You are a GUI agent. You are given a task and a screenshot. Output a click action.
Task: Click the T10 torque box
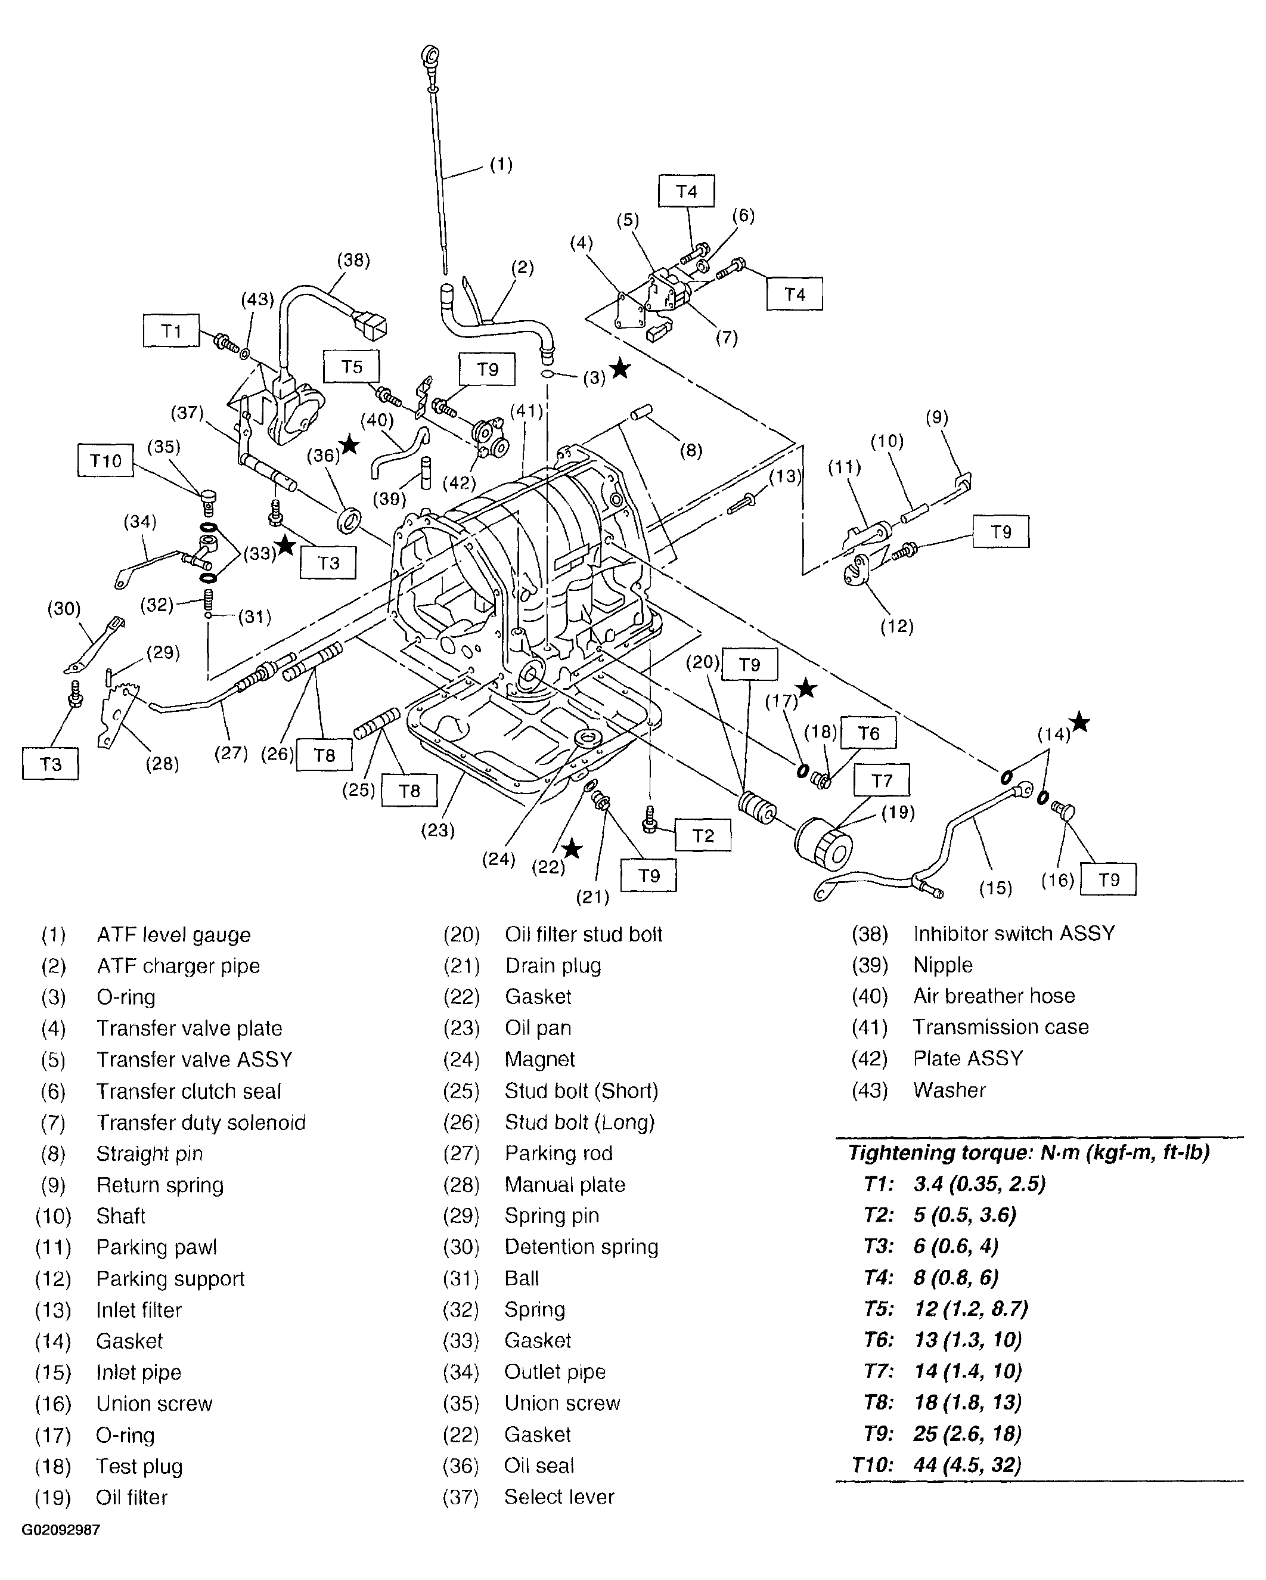pos(105,460)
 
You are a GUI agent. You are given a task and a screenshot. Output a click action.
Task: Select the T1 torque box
pos(170,332)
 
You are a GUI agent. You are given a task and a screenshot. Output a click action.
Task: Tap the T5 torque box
pos(352,367)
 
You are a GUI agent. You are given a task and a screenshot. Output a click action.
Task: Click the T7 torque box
pos(882,780)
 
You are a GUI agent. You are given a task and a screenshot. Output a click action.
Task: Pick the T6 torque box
pos(868,733)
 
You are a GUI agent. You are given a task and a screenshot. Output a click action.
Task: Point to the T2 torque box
pos(703,835)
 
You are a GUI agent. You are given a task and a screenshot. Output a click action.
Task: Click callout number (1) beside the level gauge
pos(501,165)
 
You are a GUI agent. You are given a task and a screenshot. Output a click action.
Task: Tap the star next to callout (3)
pos(620,368)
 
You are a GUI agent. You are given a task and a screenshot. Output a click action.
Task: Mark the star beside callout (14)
pos(1079,723)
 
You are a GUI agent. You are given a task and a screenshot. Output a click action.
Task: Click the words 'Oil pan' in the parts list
pos(538,1027)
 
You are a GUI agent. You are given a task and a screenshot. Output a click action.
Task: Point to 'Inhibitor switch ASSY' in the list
pos(1013,934)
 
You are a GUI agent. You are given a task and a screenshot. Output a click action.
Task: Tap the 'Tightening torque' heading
pos(1028,1153)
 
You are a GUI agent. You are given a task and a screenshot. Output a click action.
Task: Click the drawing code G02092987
pos(61,1530)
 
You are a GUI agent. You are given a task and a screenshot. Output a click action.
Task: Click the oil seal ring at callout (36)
pos(349,522)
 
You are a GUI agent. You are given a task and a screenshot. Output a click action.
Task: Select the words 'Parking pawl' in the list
pos(156,1247)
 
